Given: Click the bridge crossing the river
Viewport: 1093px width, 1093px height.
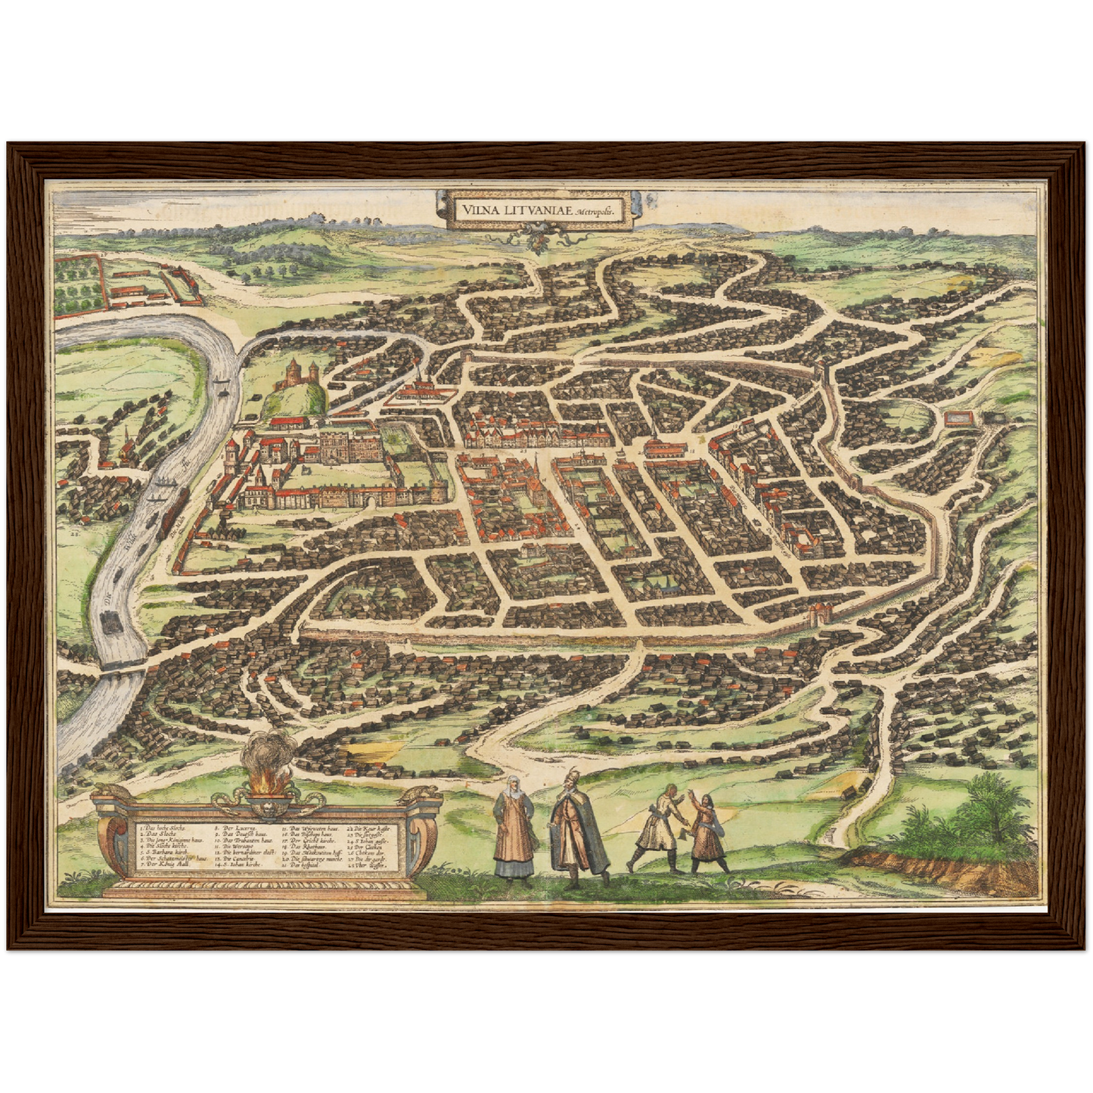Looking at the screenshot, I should coord(121,667).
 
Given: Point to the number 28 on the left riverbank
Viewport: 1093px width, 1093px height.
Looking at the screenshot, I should coord(75,534).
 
